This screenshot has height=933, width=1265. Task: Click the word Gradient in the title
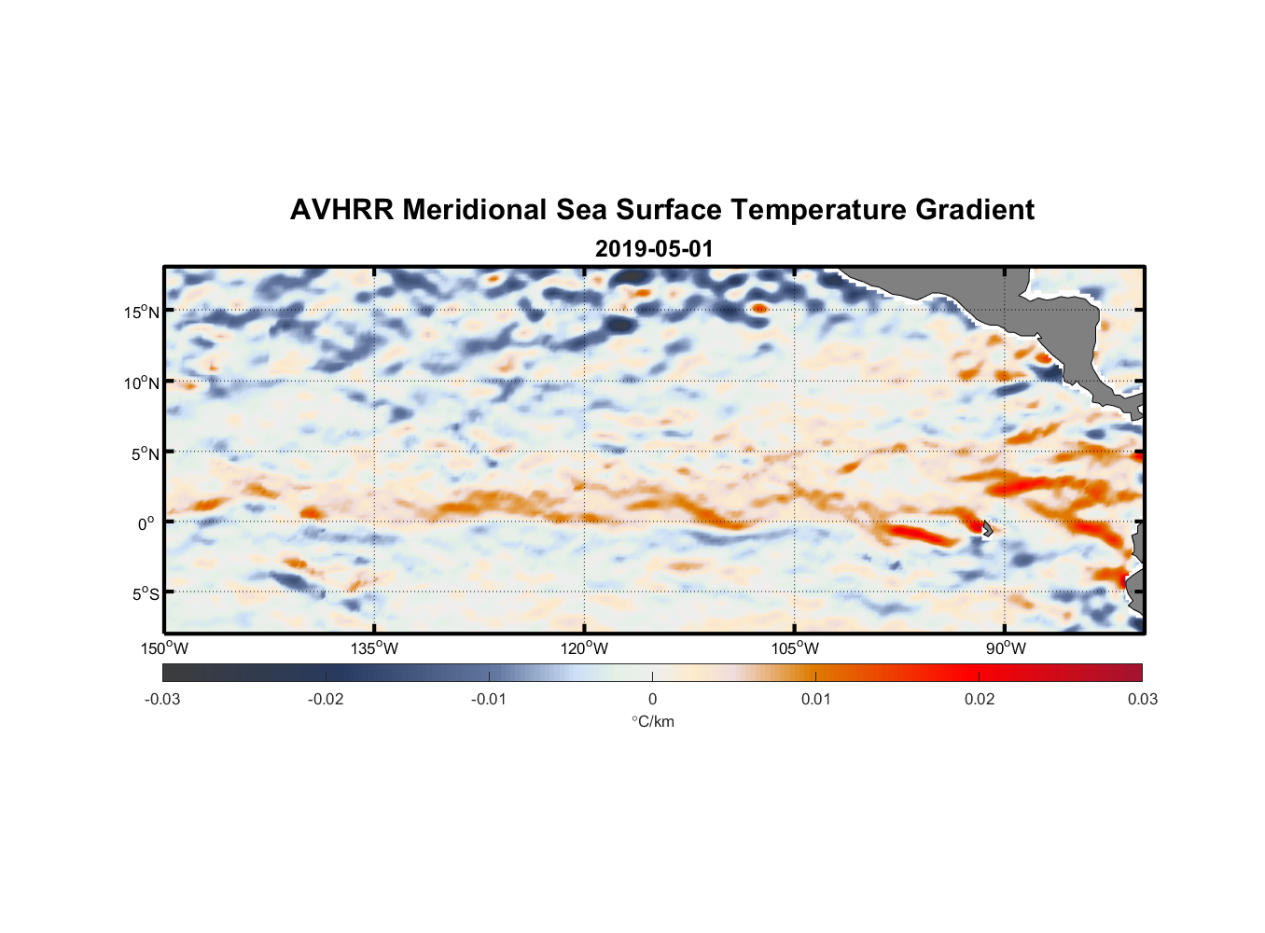click(975, 210)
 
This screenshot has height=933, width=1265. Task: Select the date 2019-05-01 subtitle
click(653, 249)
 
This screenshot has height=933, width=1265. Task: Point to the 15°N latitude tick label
click(142, 313)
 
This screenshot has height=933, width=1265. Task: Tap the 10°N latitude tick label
click(142, 383)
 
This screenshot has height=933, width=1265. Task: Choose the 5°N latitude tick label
click(145, 454)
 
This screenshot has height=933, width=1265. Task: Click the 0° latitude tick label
click(147, 524)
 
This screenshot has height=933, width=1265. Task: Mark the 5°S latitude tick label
click(145, 594)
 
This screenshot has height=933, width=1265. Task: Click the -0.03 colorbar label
click(162, 700)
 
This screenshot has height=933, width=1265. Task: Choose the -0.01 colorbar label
click(489, 700)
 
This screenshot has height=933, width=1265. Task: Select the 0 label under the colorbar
click(652, 700)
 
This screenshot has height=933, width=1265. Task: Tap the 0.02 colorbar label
click(980, 700)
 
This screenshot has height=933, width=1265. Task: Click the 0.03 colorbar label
click(1142, 700)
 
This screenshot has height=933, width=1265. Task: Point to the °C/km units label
click(653, 721)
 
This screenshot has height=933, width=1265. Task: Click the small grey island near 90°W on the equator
click(987, 528)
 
